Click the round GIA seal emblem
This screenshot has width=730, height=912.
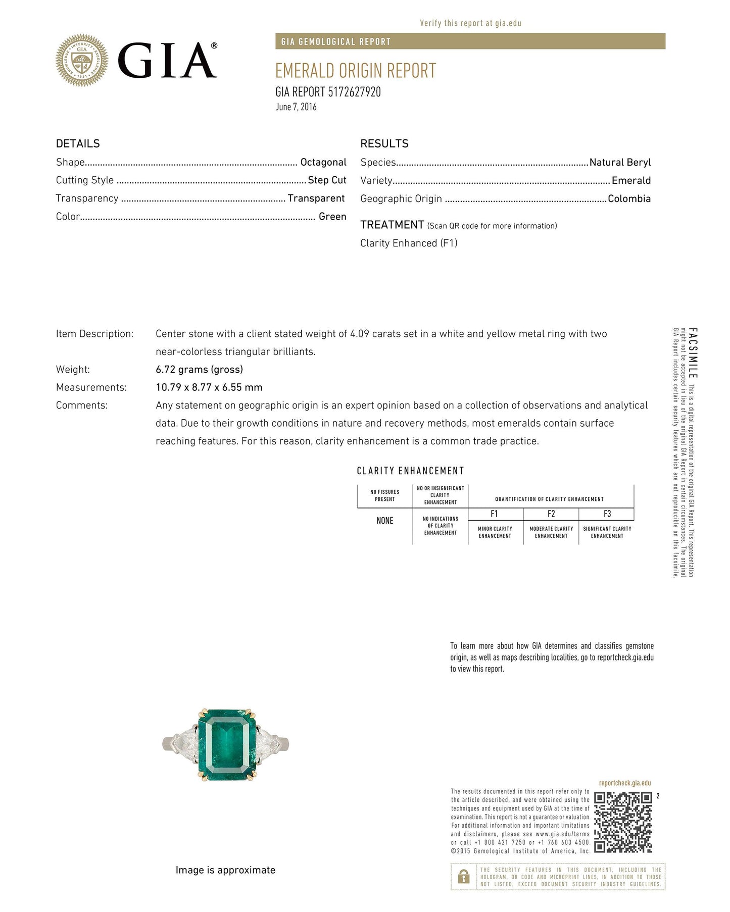(x=82, y=61)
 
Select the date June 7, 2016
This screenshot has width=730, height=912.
(x=296, y=107)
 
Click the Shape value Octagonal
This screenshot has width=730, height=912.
(x=323, y=162)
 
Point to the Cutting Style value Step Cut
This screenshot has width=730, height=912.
(x=327, y=180)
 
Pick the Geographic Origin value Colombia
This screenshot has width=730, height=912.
(x=629, y=198)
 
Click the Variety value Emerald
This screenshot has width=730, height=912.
(x=631, y=180)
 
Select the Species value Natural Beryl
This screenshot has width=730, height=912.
(x=620, y=162)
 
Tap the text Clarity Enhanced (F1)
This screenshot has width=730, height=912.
(x=409, y=243)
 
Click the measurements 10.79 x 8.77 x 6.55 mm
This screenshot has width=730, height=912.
(x=209, y=387)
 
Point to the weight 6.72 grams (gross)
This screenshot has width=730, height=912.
(x=199, y=369)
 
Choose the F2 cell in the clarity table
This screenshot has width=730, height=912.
(x=551, y=514)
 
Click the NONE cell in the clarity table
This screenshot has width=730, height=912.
(x=385, y=521)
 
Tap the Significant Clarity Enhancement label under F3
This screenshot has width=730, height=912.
(x=607, y=532)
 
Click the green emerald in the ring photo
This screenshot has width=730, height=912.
(x=226, y=744)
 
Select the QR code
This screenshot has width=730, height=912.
(x=623, y=822)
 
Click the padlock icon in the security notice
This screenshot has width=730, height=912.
(x=463, y=877)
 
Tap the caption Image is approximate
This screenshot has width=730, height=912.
(x=225, y=870)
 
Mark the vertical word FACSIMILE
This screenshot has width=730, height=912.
(x=693, y=353)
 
